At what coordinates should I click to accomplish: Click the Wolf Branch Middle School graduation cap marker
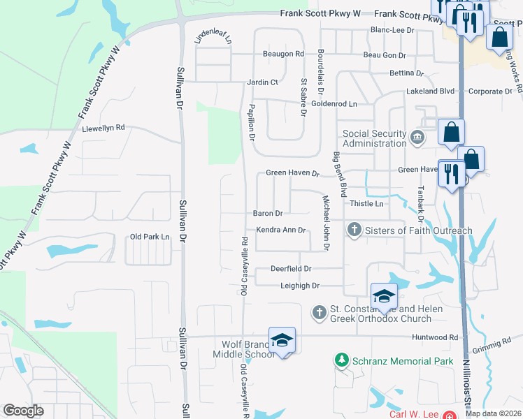[x=282, y=340]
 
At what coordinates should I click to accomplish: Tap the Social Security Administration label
[x=374, y=138]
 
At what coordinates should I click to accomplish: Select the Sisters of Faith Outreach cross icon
[x=354, y=230]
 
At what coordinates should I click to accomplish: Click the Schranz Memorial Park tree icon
[x=341, y=360]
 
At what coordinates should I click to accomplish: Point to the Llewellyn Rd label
[x=103, y=128]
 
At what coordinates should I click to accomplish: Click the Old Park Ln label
[x=150, y=237]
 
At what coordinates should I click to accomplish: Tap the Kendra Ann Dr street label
[x=281, y=230]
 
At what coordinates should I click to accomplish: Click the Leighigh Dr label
[x=295, y=286]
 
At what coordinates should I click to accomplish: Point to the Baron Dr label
[x=268, y=213]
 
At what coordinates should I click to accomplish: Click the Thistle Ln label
[x=367, y=203]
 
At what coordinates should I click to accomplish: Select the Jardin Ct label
[x=262, y=82]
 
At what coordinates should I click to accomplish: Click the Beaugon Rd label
[x=283, y=54]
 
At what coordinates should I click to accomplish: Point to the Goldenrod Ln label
[x=334, y=103]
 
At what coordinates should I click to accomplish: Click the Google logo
[x=23, y=411]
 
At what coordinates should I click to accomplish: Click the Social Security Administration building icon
[x=418, y=136]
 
